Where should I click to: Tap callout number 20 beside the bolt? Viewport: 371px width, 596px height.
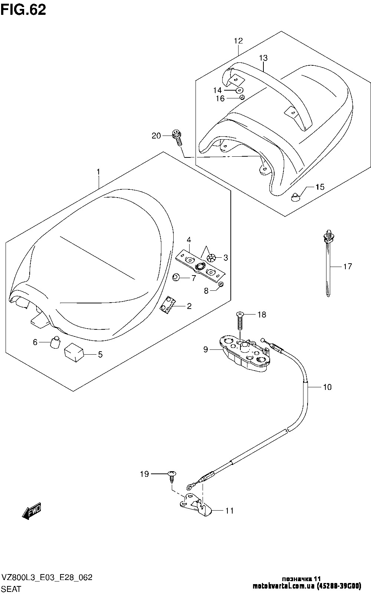[x=156, y=136]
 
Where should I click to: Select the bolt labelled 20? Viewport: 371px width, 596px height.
[x=177, y=138]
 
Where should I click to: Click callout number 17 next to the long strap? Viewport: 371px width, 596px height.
[x=347, y=266]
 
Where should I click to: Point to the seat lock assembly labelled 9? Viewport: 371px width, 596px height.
[x=243, y=354]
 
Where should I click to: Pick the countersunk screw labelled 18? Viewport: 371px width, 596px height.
[x=240, y=320]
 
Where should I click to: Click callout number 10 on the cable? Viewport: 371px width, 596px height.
[x=327, y=387]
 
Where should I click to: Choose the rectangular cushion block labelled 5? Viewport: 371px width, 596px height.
[x=74, y=352]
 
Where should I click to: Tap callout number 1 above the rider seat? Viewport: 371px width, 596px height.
[x=98, y=172]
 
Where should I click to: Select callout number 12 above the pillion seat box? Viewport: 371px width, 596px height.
[x=238, y=41]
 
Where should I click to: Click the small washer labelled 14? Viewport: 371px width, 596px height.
[x=239, y=90]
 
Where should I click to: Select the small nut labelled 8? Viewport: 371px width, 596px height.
[x=220, y=284]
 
